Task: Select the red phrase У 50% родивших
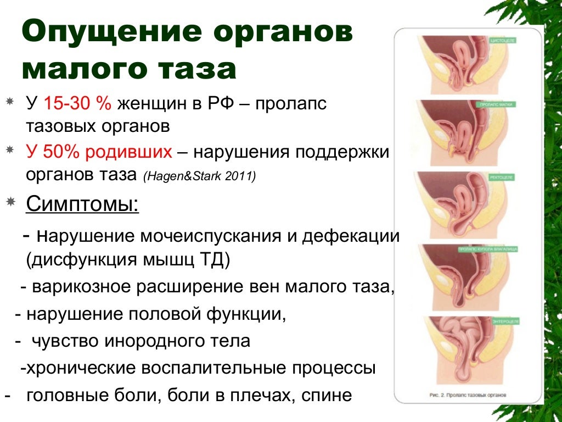pos(99,152)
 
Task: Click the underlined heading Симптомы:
pos(82,204)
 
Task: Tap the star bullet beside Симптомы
pos(10,203)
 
